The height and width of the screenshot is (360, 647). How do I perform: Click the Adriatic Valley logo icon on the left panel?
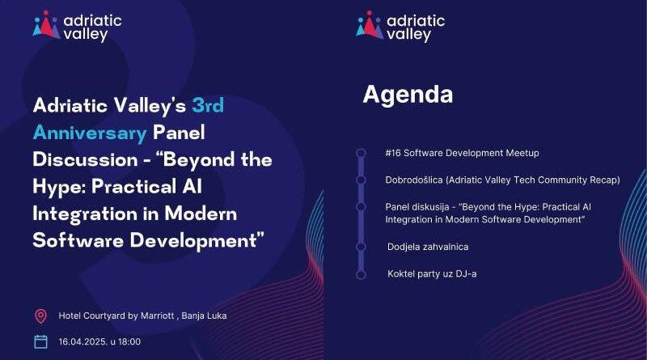pyautogui.click(x=46, y=25)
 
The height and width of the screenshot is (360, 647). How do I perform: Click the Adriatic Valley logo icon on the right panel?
pyautogui.click(x=370, y=25)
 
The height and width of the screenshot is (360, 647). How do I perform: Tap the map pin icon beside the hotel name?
pyautogui.click(x=40, y=316)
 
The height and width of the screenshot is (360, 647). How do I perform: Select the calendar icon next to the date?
pyautogui.click(x=40, y=341)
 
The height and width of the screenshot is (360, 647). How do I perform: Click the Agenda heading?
pyautogui.click(x=407, y=95)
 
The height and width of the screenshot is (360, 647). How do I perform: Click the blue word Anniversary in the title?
pyautogui.click(x=90, y=131)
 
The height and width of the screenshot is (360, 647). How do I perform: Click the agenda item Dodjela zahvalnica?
pyautogui.click(x=428, y=246)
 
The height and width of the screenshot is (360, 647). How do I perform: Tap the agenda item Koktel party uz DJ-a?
pyautogui.click(x=432, y=273)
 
